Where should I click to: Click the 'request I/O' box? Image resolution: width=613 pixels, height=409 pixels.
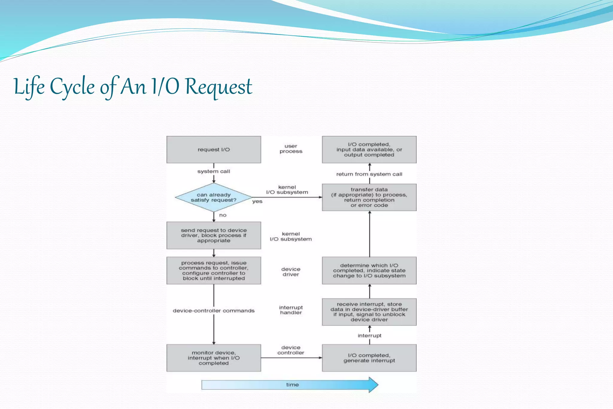click(213, 150)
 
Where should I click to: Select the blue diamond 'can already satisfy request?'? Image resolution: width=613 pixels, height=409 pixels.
click(213, 197)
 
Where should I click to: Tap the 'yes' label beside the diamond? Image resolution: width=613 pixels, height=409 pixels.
click(257, 201)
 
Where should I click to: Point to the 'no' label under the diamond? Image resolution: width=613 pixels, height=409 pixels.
click(223, 215)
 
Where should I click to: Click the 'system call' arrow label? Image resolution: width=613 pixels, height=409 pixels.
click(213, 171)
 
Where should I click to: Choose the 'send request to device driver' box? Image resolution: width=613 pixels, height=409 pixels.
click(213, 235)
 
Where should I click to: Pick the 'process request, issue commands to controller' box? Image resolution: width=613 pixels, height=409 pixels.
click(213, 270)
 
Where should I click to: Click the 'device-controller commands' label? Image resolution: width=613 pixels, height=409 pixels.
click(213, 311)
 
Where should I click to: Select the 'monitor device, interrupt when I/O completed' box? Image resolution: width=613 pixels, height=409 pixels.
click(213, 358)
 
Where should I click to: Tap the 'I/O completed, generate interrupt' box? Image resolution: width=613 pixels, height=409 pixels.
click(369, 358)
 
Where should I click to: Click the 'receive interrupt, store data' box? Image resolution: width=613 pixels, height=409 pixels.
click(369, 312)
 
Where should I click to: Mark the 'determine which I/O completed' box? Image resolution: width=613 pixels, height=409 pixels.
click(369, 270)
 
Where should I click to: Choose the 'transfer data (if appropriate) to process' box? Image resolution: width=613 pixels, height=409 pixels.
click(369, 197)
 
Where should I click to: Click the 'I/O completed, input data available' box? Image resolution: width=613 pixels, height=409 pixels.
click(369, 150)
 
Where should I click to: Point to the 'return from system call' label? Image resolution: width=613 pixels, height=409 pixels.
click(369, 174)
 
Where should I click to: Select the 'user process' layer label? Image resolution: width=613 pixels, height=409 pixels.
click(291, 149)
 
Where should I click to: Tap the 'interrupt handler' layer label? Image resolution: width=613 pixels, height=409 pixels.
click(291, 310)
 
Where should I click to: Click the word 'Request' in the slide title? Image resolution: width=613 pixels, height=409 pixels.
click(219, 87)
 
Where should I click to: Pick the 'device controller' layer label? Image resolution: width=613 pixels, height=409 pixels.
click(291, 350)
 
